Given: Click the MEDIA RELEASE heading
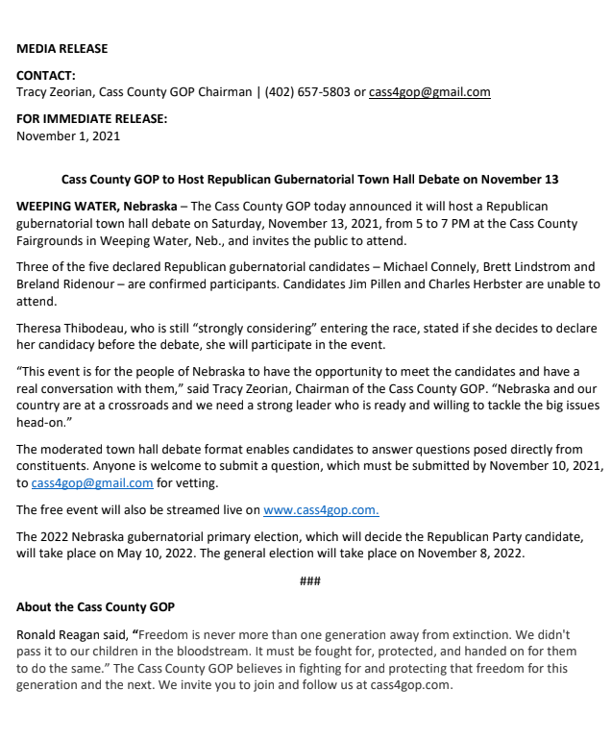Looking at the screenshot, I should (x=61, y=48).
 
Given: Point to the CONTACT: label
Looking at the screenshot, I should (x=46, y=75).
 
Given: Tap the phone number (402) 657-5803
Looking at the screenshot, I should (x=309, y=92).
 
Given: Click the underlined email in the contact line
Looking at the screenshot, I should (x=429, y=92).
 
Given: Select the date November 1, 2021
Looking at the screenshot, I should (x=68, y=135).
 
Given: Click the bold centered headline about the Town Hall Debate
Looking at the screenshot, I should (x=309, y=180).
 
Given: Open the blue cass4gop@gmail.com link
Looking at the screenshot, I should (x=92, y=482).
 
